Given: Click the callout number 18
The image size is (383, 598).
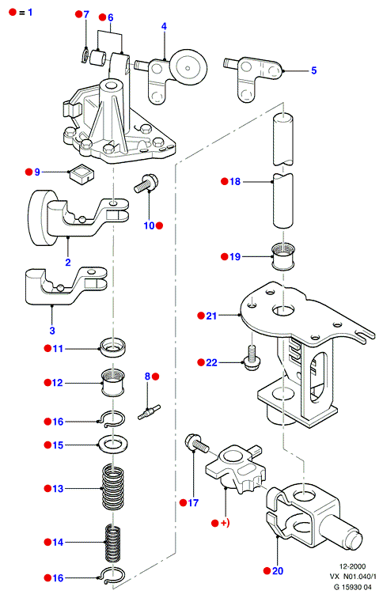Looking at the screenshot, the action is pos(235,182).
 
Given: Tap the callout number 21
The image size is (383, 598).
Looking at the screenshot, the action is pos(211,316).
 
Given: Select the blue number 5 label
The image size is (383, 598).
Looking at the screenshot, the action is pos(313,70).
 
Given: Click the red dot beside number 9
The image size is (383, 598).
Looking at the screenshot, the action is pos(28,172).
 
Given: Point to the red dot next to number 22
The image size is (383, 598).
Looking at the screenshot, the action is pos(201,362).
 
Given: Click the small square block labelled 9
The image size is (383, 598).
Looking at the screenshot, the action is pos(82,172).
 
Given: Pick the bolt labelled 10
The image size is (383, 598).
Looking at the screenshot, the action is pos(146,183).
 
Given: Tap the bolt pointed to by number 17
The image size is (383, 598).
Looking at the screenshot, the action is pos(196,444).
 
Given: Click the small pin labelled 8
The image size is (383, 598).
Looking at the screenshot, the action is pos(149,412).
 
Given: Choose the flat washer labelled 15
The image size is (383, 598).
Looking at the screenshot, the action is pos(112,445).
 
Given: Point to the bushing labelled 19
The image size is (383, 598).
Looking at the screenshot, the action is pos(283,256).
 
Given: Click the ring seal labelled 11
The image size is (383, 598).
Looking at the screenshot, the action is pos(112,347).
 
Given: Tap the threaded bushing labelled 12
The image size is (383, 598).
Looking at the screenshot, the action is pos(112,383).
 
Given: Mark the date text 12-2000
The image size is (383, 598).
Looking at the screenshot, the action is pos(352,566).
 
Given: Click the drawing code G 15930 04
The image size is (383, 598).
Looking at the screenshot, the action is pos(352,587).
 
